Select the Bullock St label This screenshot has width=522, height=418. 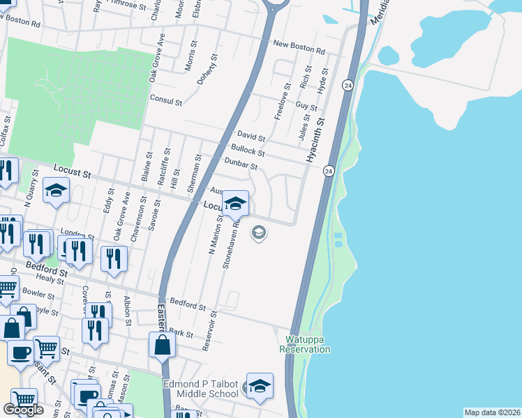(x=248, y=150)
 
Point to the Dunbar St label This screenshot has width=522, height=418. (x=241, y=164)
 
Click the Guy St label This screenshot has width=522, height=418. (x=306, y=106)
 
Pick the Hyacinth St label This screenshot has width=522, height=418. (x=315, y=140)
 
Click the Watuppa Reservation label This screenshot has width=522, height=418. (x=307, y=345)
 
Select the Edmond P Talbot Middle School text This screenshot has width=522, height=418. (x=201, y=389)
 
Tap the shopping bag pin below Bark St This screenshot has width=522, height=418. (x=162, y=345)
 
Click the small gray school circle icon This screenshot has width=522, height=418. (x=259, y=233)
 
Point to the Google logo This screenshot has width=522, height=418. (x=23, y=409)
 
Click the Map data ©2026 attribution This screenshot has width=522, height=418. (x=492, y=412)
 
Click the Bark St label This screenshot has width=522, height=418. (x=181, y=334)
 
